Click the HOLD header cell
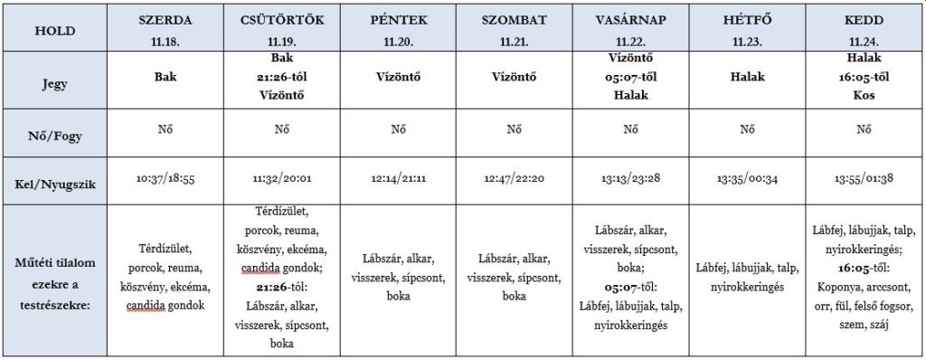pos(53,29)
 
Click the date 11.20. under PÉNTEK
pos(398,42)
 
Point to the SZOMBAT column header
pos(515,20)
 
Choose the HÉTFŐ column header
pos(748,20)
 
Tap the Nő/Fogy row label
pos(53,129)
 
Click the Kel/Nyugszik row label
pos(53,180)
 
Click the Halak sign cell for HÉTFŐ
pos(748,78)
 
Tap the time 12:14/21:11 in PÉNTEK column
pos(398,180)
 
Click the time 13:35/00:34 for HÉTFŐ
pos(748,180)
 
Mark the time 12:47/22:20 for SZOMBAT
pos(515,180)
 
